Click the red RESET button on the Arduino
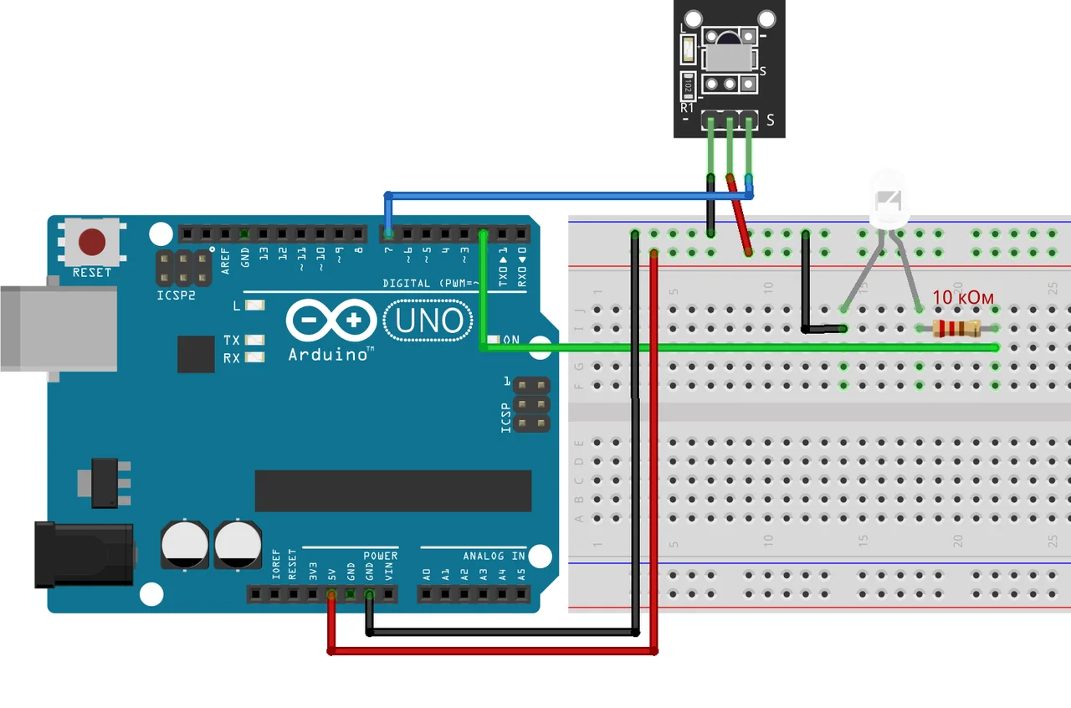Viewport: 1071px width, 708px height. point(92,243)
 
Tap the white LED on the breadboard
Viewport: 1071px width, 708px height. point(889,201)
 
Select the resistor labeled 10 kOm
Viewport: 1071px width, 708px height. point(957,328)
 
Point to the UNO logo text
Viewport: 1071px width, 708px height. point(428,320)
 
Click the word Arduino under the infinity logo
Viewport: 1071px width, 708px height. point(331,355)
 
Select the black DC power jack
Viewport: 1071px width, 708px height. point(84,554)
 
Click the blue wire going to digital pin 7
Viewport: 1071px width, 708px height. point(569,197)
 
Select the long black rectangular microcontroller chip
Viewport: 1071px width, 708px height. point(393,490)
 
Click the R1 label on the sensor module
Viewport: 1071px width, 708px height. point(687,107)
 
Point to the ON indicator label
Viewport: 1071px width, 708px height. point(511,340)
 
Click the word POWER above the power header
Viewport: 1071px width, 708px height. point(381,556)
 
